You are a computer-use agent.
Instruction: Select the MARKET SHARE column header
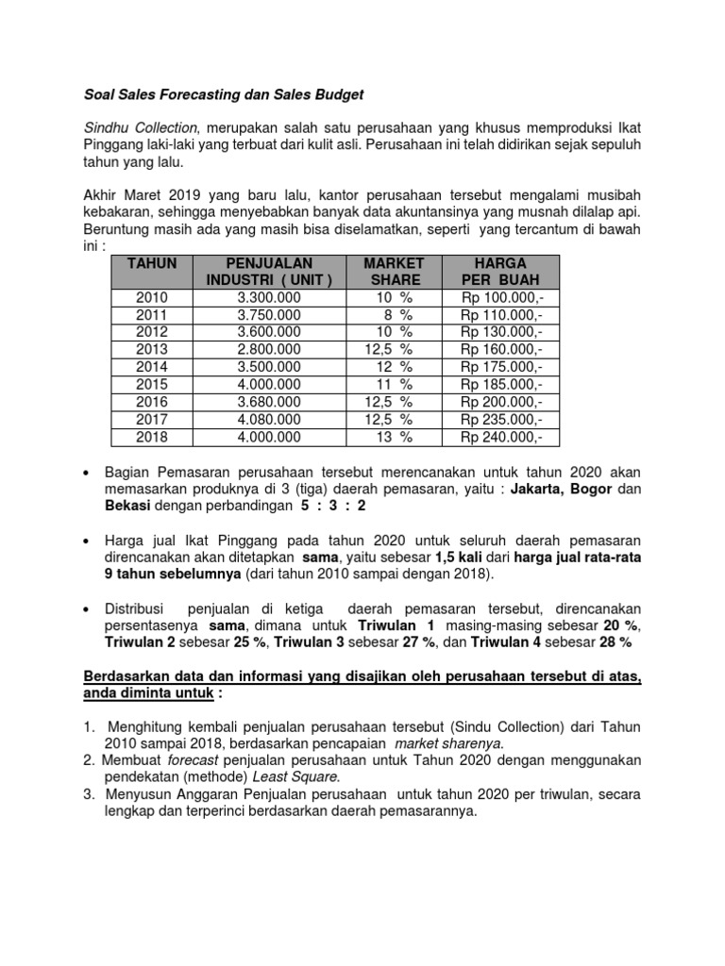[394, 271]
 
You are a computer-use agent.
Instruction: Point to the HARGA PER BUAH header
[501, 271]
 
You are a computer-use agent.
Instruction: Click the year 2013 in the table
[151, 350]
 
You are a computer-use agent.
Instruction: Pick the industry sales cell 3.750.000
[269, 315]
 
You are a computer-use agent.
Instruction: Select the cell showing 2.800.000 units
[269, 350]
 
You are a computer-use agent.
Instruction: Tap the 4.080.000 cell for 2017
[269, 420]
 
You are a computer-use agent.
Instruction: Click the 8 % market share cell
[394, 315]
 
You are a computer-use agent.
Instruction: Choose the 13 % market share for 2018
[394, 437]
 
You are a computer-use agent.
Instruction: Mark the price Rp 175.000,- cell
[501, 367]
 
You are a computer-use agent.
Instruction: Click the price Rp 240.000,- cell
[501, 437]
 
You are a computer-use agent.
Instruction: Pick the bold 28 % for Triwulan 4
[615, 642]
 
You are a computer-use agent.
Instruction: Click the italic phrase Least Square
[306, 777]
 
